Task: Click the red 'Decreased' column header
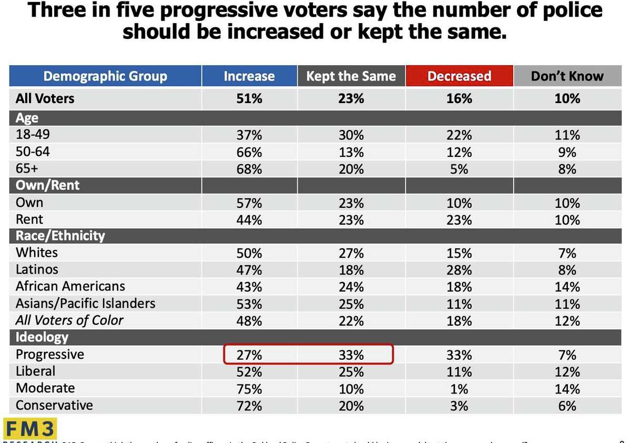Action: [x=459, y=76]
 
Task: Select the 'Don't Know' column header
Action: [x=567, y=76]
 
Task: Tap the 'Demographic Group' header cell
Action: [x=105, y=76]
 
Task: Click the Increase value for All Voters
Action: [x=249, y=98]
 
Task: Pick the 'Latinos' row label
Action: [x=37, y=269]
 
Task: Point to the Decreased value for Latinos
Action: [x=459, y=270]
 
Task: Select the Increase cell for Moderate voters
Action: [x=249, y=389]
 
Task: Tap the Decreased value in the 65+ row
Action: [x=459, y=169]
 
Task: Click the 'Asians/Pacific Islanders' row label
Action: [x=85, y=304]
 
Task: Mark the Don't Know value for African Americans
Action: [x=567, y=287]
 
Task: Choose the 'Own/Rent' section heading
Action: [x=48, y=185]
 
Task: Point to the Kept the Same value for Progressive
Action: [x=351, y=355]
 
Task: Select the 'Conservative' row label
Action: [x=54, y=405]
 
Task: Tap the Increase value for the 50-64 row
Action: [x=249, y=152]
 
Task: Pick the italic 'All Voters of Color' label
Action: [x=69, y=320]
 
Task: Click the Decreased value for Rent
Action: [x=459, y=219]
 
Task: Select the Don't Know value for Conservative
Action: [x=567, y=406]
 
